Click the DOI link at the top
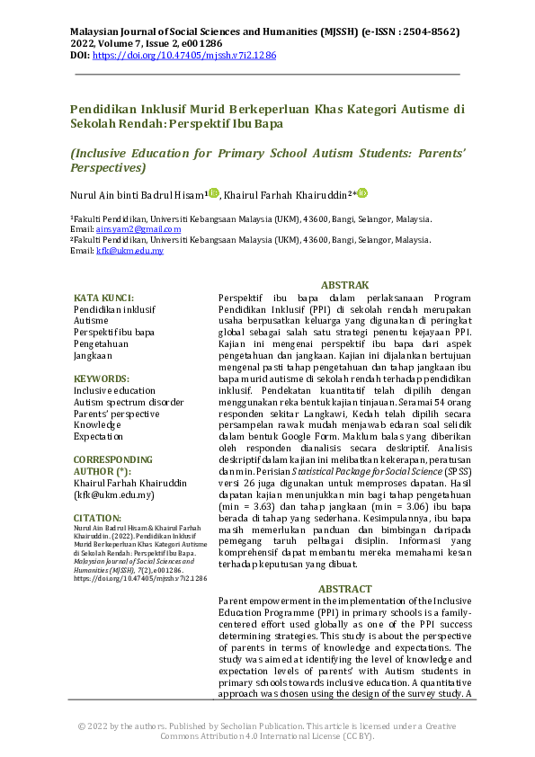point(184,56)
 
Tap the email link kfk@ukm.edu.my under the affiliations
point(130,251)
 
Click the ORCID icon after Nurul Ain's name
point(213,193)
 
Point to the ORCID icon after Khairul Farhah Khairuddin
point(362,193)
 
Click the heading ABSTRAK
point(345,284)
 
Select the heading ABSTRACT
point(345,589)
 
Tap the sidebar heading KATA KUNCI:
point(103,298)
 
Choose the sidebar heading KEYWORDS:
point(101,379)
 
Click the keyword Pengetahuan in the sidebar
point(101,343)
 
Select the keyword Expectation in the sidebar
point(98,436)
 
